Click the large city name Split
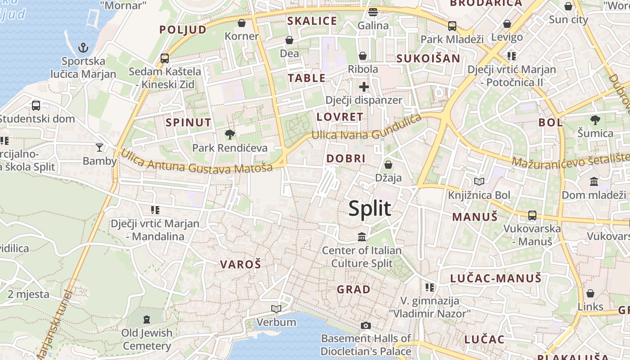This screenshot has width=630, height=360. point(370,209)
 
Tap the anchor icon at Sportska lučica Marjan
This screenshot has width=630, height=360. point(83,48)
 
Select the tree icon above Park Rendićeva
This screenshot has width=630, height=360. point(229,134)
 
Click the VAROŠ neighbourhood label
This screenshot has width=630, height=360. point(240,265)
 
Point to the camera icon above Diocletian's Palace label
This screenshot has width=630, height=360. point(366,325)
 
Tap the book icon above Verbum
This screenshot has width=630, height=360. point(276,309)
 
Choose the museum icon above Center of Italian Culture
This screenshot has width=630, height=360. point(362,237)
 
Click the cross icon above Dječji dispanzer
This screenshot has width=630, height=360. point(364,87)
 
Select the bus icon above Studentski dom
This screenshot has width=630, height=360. point(36,106)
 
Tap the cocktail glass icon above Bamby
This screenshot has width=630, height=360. point(99,147)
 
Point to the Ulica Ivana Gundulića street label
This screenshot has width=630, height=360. point(367,130)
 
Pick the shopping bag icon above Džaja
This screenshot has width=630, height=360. point(388,165)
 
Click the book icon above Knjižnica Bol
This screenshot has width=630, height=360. point(479,182)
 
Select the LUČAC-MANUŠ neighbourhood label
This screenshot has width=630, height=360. point(495,279)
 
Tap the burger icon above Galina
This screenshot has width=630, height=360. point(373,12)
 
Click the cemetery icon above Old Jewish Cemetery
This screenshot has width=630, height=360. point(147,319)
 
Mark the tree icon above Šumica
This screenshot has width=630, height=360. point(595,120)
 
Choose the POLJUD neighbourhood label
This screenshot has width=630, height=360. point(183,30)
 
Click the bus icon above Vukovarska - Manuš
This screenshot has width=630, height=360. point(532,215)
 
